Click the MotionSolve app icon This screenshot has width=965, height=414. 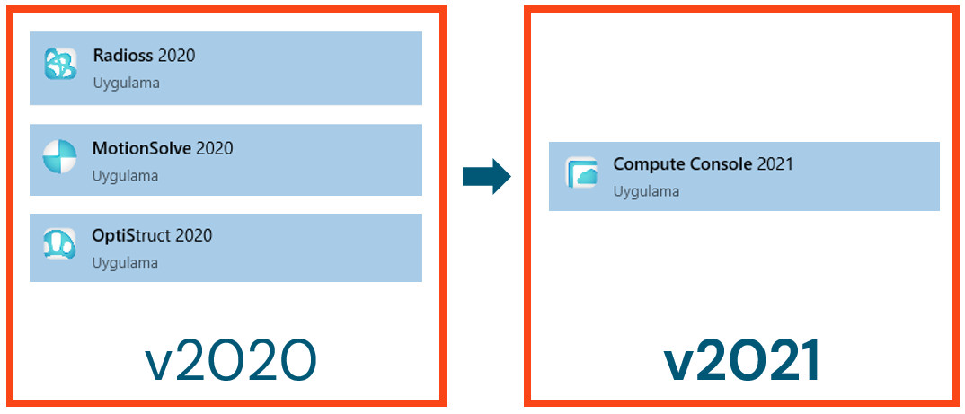point(60,157)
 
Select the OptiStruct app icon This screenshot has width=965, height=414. point(60,244)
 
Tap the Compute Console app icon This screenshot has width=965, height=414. point(581,172)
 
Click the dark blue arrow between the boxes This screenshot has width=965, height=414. point(486,176)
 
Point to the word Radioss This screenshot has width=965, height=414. point(123,56)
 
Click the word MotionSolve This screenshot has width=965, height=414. point(141,148)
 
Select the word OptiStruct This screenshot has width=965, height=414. point(131,235)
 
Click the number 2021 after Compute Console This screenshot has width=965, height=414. point(775,164)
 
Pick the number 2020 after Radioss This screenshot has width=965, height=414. point(176,56)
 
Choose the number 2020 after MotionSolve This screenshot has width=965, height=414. point(214,148)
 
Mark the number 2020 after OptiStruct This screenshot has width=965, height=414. point(194,235)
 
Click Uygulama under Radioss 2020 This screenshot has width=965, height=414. point(125,84)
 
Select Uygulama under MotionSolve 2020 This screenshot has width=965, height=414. point(125,176)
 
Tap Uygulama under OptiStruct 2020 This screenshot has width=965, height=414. point(125,263)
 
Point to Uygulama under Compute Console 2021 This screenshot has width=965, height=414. point(646,191)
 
